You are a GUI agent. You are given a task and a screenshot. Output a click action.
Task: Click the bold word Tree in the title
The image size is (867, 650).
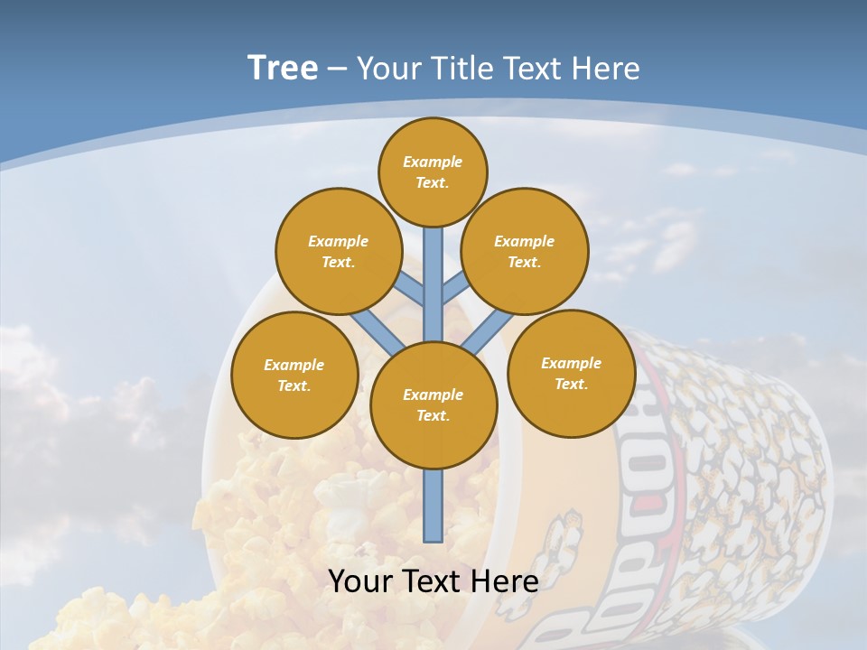pyautogui.click(x=283, y=69)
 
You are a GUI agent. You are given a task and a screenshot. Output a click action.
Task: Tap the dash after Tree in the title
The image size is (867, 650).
pyautogui.click(x=337, y=70)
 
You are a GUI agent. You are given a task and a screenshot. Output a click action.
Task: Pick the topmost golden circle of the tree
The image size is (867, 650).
pyautogui.click(x=433, y=172)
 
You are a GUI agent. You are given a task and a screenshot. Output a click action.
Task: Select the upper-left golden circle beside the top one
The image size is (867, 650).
pyautogui.click(x=339, y=251)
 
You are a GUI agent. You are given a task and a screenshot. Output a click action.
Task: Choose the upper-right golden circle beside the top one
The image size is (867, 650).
pyautogui.click(x=525, y=251)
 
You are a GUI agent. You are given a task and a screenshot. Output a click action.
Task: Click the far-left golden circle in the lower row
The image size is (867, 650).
pyautogui.click(x=294, y=375)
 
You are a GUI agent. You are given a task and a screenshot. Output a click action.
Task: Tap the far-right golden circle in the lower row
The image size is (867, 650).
pyautogui.click(x=571, y=373)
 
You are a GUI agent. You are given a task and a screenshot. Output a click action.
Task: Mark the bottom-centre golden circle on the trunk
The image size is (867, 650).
pyautogui.click(x=433, y=404)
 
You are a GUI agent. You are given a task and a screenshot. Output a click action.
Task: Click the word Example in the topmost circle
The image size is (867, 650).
pyautogui.click(x=433, y=162)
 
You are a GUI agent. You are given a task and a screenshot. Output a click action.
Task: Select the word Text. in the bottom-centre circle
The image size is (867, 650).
pyautogui.click(x=433, y=416)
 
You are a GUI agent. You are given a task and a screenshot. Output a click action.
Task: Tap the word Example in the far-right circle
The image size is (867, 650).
pyautogui.click(x=571, y=363)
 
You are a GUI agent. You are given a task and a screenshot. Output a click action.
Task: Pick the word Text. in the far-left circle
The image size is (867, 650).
pyautogui.click(x=294, y=386)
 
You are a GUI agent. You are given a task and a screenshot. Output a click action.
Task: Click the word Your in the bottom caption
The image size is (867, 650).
pyautogui.click(x=360, y=580)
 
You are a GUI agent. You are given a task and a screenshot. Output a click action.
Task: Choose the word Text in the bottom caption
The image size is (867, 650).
pyautogui.click(x=437, y=580)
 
